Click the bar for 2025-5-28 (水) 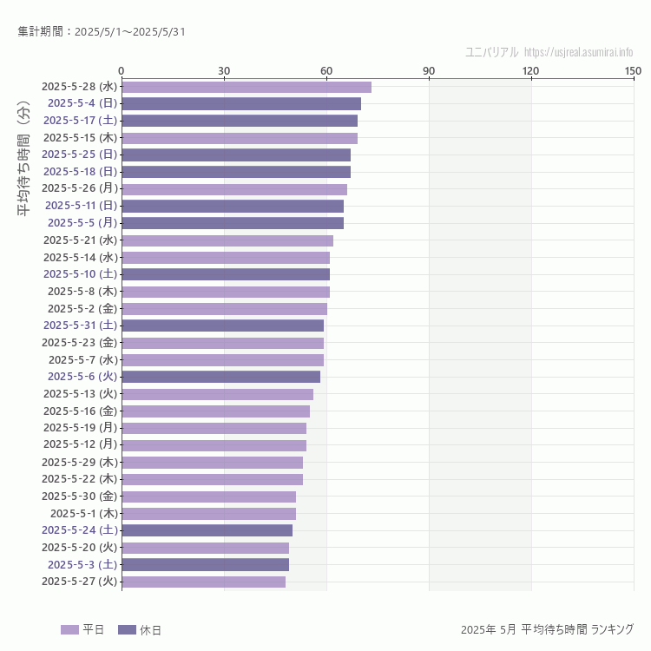(247, 87)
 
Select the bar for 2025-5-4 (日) (241, 103)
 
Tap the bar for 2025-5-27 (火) (203, 582)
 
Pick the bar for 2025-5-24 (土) (207, 530)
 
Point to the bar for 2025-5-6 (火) (220, 377)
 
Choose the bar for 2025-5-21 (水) (227, 240)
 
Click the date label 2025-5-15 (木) (80, 137)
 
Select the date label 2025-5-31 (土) (80, 325)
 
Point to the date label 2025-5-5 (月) (82, 223)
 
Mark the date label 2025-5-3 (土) (82, 564)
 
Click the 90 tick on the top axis (429, 70)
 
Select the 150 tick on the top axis (633, 70)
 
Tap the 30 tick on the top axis (224, 70)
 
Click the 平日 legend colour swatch (69, 629)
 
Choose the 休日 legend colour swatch (127, 629)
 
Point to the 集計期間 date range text (101, 32)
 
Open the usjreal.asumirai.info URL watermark (579, 52)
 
